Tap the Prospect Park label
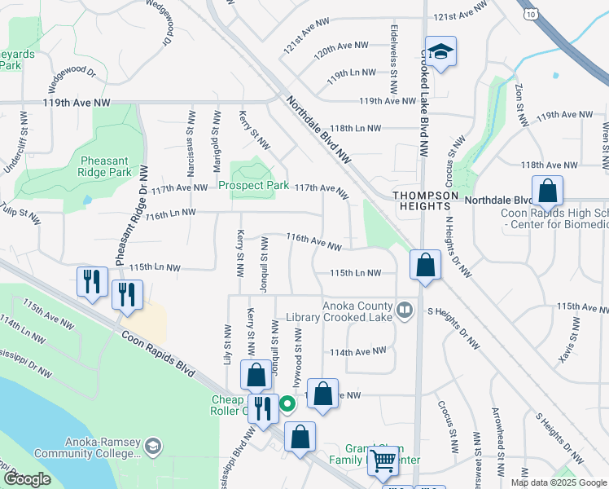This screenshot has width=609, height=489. pos(253,186)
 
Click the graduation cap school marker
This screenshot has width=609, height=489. pos(440,53)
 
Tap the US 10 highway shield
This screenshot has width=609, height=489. pos(531,15)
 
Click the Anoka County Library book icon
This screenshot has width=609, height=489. pos(405,309)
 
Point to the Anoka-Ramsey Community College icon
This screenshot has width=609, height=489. pos(153,446)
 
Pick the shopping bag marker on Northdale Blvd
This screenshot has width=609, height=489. pos(548,192)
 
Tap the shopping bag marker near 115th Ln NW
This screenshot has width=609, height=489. pos(425,266)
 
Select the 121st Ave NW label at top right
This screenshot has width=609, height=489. pos(453,16)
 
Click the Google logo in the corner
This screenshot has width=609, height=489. pos(27,479)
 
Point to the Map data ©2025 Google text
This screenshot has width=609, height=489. pos(558,482)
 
